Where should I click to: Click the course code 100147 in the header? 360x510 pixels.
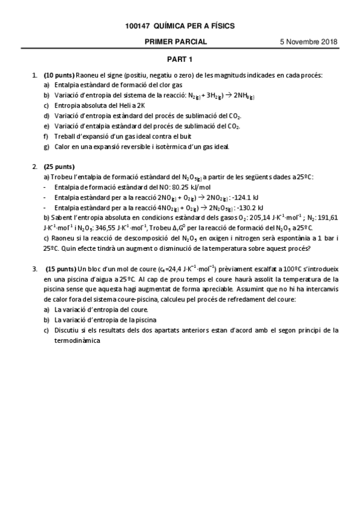point(138,26)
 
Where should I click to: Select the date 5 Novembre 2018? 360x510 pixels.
point(308,42)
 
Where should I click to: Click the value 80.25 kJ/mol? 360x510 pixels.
point(198,186)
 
